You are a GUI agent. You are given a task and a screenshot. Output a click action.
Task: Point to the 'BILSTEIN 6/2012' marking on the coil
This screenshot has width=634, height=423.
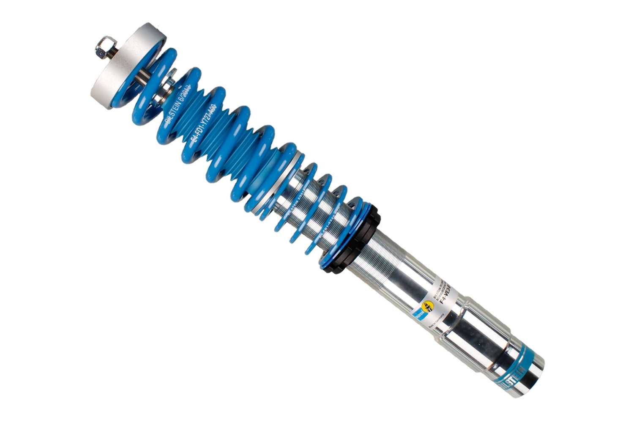[180, 104]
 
